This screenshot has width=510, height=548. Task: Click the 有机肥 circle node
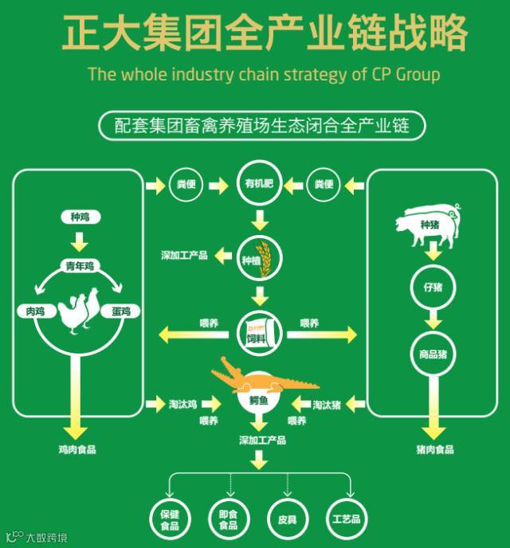click(x=259, y=185)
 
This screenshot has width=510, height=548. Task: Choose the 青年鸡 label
click(x=80, y=267)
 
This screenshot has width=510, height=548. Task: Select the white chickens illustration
click(x=79, y=311)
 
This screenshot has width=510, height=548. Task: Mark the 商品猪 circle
click(x=433, y=354)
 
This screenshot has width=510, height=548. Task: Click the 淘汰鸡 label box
click(x=182, y=405)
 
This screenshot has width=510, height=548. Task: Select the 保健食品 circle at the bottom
click(x=170, y=519)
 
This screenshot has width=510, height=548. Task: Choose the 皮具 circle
click(x=288, y=519)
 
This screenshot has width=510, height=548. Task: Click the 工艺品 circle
click(x=347, y=519)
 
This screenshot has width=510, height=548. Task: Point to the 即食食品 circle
click(x=229, y=519)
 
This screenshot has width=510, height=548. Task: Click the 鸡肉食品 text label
click(x=77, y=449)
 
